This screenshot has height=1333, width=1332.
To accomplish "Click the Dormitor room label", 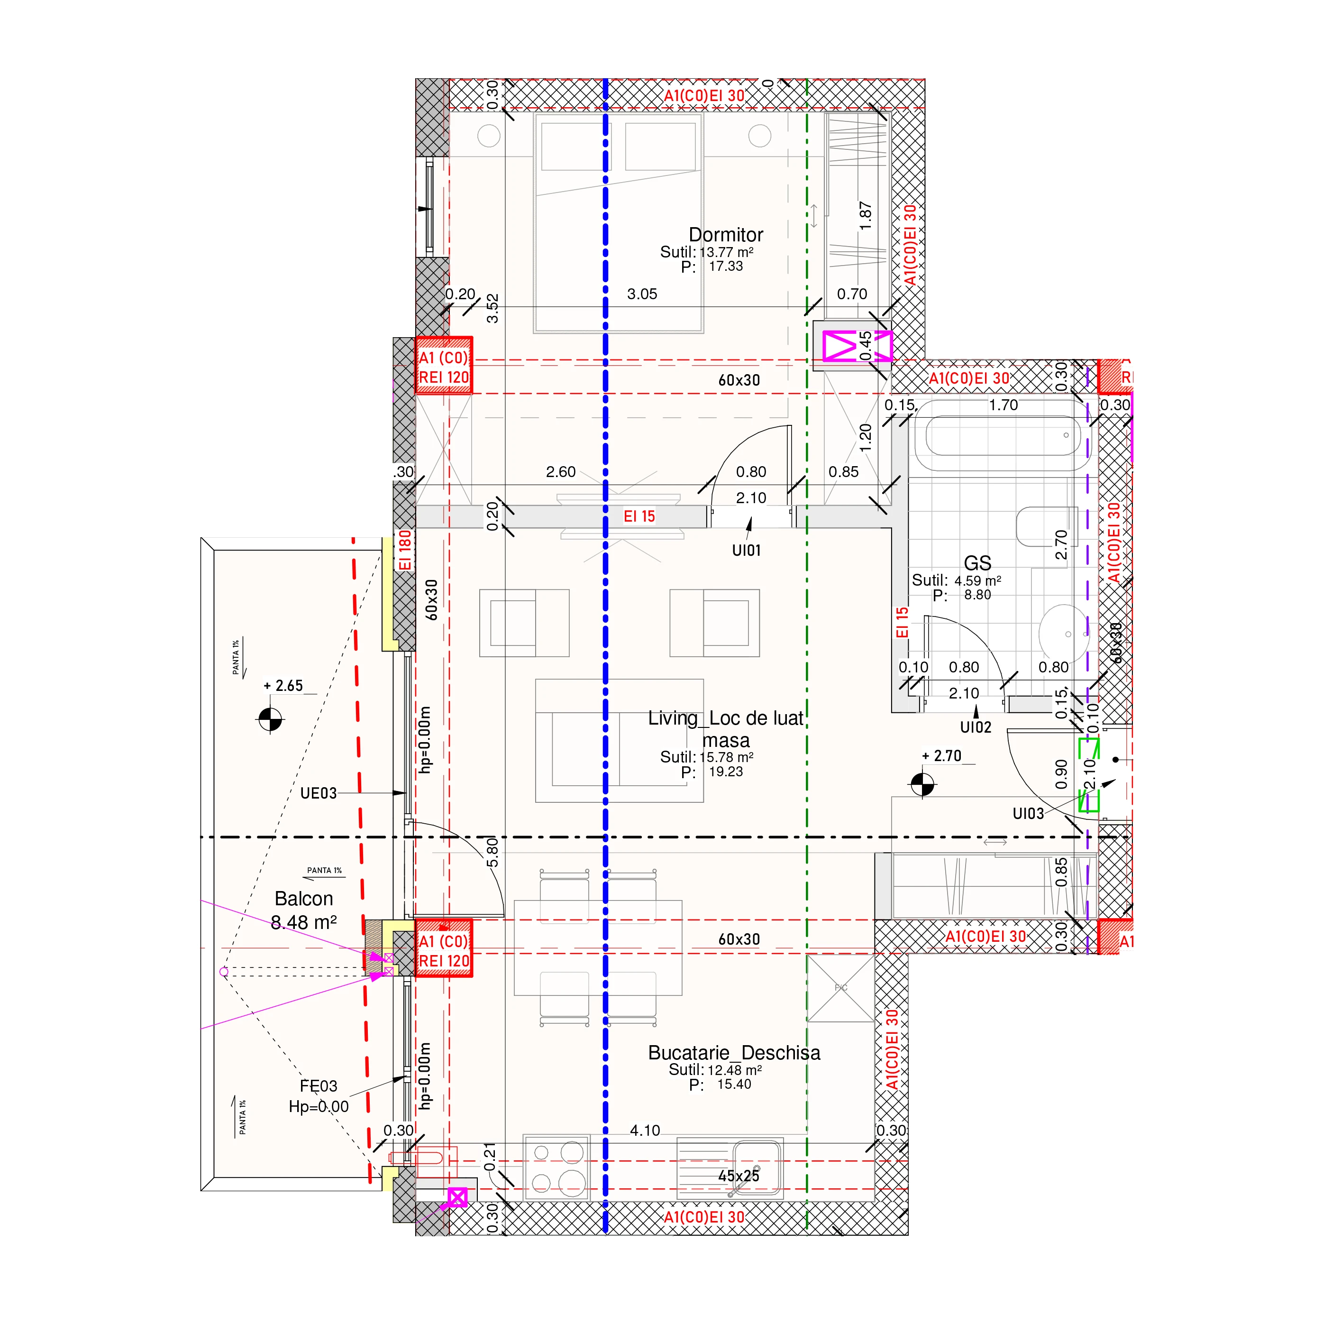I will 726,235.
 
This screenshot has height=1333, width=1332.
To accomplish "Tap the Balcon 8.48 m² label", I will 303,910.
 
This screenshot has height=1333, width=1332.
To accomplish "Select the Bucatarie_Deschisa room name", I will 734,1052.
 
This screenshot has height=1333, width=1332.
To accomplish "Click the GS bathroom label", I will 977,563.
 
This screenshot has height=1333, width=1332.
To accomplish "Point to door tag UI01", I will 747,550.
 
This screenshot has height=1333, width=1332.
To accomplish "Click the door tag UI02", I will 976,726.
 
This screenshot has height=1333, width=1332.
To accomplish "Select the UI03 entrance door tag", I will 1028,813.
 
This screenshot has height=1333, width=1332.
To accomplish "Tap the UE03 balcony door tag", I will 318,793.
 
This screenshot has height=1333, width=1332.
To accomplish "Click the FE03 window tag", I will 318,1086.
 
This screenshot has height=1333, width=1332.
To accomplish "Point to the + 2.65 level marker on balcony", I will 270,720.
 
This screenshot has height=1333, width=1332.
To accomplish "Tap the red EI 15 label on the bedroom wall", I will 639,516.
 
